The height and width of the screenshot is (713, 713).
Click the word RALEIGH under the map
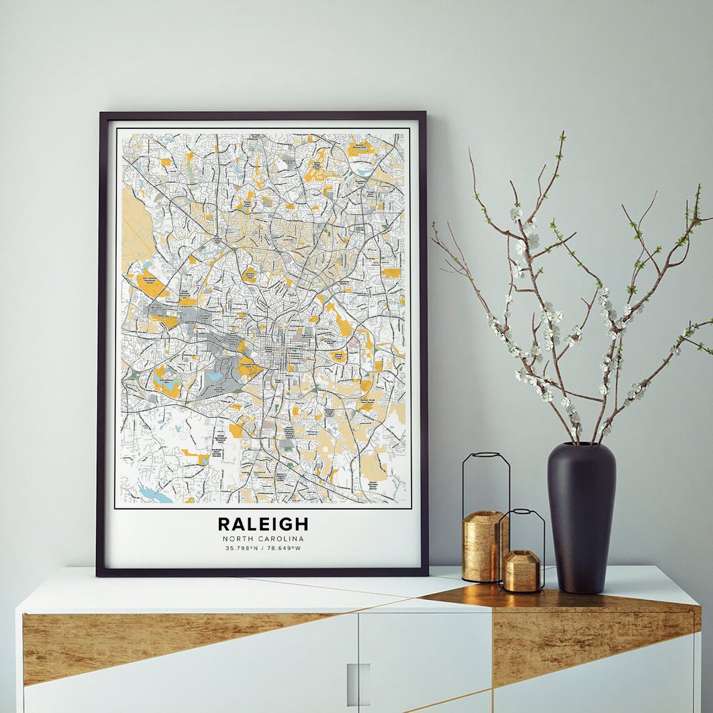[x=263, y=523]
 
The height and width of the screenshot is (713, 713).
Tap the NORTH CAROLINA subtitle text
[x=263, y=539]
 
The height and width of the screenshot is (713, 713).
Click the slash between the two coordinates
[x=264, y=549]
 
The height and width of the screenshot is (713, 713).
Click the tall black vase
[x=581, y=519]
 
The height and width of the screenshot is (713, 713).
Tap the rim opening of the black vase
[x=581, y=446]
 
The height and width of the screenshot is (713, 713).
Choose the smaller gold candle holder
[x=522, y=570]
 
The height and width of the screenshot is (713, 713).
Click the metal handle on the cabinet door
[x=358, y=684]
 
